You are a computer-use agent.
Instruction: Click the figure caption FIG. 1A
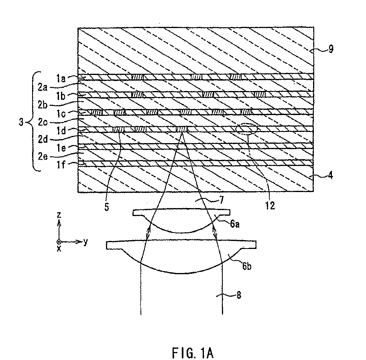point(193,353)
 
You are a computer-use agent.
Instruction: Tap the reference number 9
point(331,49)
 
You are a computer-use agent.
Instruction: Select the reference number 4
point(330,175)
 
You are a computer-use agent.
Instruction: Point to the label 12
point(270,206)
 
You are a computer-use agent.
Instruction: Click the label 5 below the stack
point(107,207)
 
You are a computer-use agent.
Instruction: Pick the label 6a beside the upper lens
point(235,224)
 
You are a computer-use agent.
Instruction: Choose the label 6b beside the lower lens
point(247,266)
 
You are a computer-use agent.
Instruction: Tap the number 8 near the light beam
point(238,295)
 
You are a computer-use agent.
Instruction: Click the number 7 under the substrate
point(221,200)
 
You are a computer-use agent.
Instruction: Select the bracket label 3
point(21,122)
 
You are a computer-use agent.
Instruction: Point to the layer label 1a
point(61,79)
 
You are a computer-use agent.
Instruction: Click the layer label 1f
point(61,165)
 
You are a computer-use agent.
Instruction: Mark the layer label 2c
point(43,122)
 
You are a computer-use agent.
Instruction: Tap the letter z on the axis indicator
point(59,215)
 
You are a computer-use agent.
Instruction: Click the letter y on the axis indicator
point(85,242)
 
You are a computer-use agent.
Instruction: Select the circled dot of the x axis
point(59,242)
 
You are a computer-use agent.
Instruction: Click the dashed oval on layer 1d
point(246,129)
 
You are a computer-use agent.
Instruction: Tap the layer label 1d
point(61,131)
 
